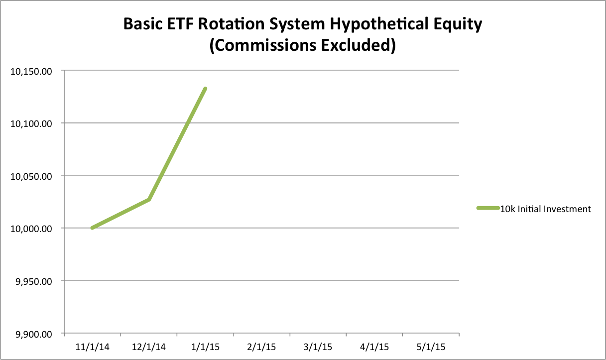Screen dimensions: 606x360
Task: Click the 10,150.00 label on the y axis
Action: click(x=31, y=72)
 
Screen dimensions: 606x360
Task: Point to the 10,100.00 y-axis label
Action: click(x=31, y=124)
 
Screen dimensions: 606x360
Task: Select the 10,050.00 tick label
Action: click(x=31, y=177)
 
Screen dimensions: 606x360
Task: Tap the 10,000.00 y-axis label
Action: click(x=31, y=229)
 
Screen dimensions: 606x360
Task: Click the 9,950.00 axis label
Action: click(x=34, y=281)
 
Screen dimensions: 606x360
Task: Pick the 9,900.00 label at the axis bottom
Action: click(x=34, y=334)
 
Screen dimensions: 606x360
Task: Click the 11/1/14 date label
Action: click(x=92, y=347)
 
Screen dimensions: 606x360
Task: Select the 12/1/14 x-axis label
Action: click(x=149, y=347)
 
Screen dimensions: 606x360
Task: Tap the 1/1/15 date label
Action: click(x=205, y=347)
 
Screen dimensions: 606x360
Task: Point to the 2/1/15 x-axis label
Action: click(x=261, y=347)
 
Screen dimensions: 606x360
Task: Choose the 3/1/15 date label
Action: click(x=318, y=347)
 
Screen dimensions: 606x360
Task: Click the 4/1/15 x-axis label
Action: click(x=374, y=347)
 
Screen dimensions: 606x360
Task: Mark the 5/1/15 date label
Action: click(x=431, y=347)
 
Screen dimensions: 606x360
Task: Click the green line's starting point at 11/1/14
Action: click(x=93, y=228)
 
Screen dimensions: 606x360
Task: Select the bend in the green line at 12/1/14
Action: click(x=149, y=200)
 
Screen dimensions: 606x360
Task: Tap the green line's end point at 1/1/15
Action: click(x=205, y=89)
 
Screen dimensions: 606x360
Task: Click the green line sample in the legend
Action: click(x=488, y=208)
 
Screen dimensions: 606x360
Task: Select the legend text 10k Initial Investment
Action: click(x=545, y=209)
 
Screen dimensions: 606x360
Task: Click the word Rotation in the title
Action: click(x=232, y=24)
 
